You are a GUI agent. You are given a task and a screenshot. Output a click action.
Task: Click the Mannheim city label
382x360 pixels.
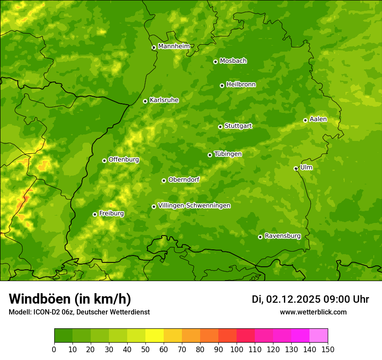point(174,46)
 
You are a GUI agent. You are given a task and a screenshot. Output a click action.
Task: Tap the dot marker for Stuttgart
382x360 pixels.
point(220,127)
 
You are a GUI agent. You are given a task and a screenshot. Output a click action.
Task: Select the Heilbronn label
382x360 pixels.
point(241,85)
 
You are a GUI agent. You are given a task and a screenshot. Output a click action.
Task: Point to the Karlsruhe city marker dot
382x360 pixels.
point(145,101)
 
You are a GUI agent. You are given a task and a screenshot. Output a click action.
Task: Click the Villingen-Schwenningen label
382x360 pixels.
point(194,206)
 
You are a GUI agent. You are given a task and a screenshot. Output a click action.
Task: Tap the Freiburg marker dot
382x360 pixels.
point(95,214)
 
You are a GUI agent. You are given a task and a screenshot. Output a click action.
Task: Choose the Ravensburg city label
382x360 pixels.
point(282,236)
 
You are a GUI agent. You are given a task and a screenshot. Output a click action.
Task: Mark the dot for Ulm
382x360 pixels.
point(296,168)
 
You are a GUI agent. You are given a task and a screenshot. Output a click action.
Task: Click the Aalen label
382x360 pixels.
point(318,119)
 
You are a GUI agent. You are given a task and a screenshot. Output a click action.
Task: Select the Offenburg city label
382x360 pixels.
point(124,160)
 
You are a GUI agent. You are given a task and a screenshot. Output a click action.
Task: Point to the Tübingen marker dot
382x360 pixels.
point(210,155)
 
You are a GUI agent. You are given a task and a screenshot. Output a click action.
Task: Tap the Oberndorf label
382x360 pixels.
point(184,180)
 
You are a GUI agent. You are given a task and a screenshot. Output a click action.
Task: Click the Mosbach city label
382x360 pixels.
point(233,61)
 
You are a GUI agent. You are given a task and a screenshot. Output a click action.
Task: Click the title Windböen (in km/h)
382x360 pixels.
point(69,299)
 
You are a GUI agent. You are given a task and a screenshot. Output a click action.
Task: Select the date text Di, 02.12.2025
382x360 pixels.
point(286,299)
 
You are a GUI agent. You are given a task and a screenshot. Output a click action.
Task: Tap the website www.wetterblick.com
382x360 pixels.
point(313,312)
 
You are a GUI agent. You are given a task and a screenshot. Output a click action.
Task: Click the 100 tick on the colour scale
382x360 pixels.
point(237,349)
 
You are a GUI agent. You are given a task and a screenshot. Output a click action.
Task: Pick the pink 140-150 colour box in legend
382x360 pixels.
point(319,335)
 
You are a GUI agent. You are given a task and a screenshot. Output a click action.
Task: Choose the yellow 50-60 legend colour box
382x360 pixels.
point(155,335)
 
